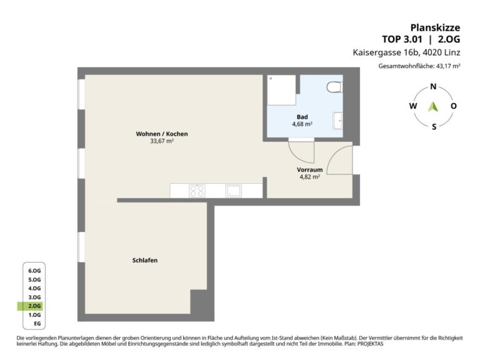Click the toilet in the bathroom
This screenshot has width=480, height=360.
[x=334, y=87]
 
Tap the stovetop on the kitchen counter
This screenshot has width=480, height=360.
[x=197, y=191]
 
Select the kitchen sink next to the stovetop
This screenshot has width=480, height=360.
[x=234, y=191]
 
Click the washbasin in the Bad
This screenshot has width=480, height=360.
[x=337, y=121]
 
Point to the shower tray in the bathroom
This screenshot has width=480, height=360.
[x=282, y=90]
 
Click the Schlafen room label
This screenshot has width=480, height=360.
[x=145, y=260]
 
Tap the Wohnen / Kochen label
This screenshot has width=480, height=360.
[x=162, y=134]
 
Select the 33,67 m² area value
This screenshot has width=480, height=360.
[x=162, y=141]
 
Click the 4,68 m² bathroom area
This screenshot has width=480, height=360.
[x=302, y=124]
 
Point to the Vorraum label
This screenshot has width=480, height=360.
[x=309, y=169]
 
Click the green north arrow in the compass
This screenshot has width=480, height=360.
[x=433, y=106]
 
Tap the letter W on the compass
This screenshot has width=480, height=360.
[x=413, y=106]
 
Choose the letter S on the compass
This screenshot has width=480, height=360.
[x=434, y=127]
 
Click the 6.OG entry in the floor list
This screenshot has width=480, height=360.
[x=34, y=271]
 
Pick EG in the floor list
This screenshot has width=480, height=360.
[x=37, y=324]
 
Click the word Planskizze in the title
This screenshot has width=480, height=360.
[x=435, y=27]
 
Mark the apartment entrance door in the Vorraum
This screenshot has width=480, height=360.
[x=340, y=160]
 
